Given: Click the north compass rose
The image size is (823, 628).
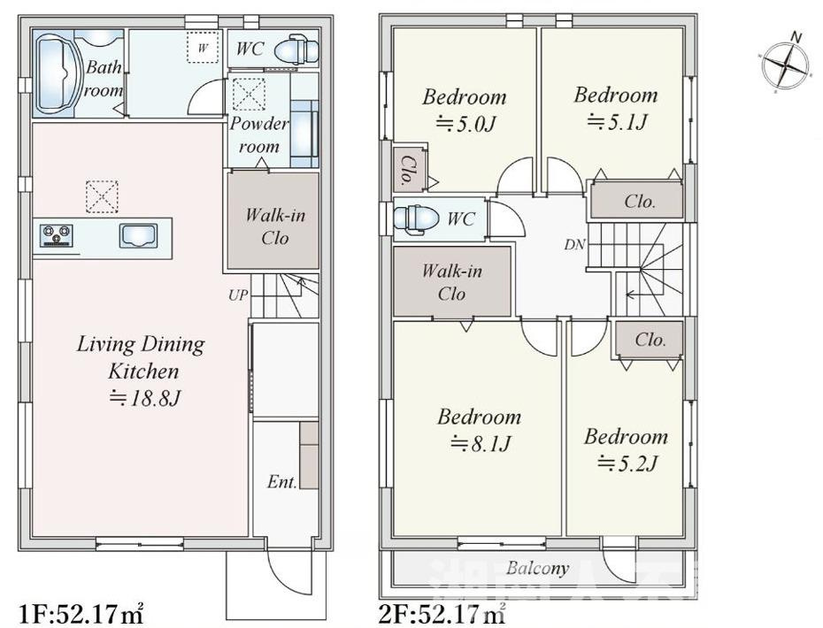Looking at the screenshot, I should [x=785, y=65].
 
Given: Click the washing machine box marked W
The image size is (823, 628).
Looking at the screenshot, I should [x=203, y=49].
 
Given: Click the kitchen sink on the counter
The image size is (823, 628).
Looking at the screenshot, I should [x=138, y=236].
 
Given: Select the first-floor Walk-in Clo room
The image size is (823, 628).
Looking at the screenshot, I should [x=273, y=226].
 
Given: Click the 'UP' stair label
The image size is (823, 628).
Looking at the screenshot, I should [x=238, y=295].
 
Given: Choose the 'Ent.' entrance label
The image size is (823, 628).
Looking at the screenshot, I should [x=281, y=483].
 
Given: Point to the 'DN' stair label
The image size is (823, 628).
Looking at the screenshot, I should [x=574, y=245].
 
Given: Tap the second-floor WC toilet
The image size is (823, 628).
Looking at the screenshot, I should [x=414, y=218].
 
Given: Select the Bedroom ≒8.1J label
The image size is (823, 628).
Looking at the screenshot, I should [x=479, y=430].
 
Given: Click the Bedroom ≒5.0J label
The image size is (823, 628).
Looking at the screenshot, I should [x=464, y=110].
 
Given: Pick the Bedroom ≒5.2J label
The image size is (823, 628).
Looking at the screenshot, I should [x=626, y=449].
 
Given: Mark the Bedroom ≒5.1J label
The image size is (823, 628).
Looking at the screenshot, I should [x=615, y=108].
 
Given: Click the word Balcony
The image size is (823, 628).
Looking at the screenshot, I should [x=537, y=568].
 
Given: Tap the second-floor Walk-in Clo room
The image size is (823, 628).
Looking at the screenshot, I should [x=451, y=282].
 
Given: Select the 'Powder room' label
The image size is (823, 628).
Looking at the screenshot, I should [x=259, y=134].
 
